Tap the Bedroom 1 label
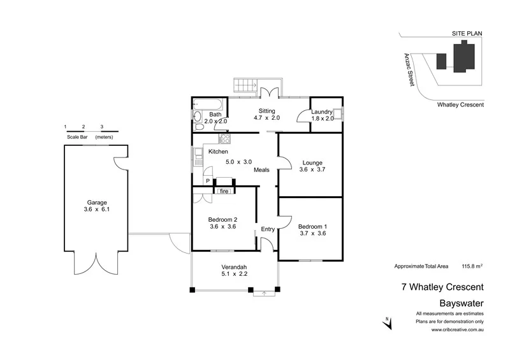[312, 226]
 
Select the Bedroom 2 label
[222, 220]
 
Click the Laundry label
[322, 112]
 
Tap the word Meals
[261, 169]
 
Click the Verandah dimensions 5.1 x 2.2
[234, 274]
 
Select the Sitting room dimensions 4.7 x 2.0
[267, 119]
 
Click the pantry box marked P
[207, 182]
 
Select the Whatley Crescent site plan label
[460, 104]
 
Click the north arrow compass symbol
[387, 323]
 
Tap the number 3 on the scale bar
[101, 127]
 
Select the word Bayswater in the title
[462, 303]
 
